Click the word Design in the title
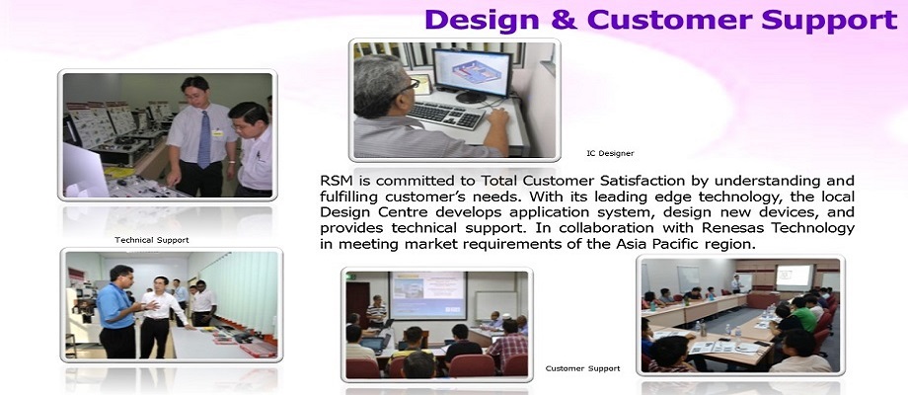tap(482, 20)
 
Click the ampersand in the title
tap(563, 20)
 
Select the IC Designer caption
tap(610, 153)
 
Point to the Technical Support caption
tap(152, 240)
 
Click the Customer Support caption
tap(582, 368)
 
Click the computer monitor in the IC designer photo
tap(473, 73)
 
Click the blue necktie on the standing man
tap(204, 138)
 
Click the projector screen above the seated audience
tap(428, 295)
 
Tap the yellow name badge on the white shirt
tap(217, 133)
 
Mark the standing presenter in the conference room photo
tap(736, 283)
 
